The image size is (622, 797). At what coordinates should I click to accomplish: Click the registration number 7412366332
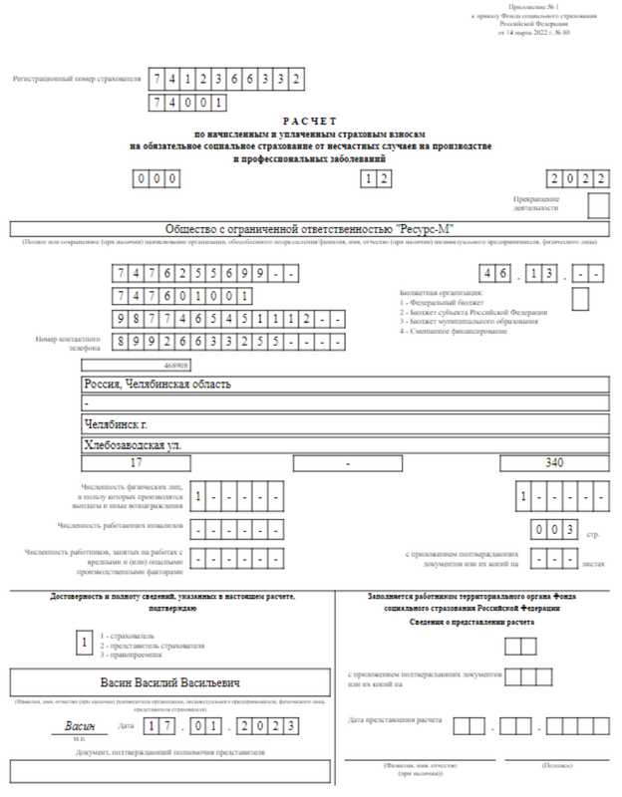click(x=225, y=79)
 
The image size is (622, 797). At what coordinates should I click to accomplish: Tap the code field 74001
click(x=187, y=103)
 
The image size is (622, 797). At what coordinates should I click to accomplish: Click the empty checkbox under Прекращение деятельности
click(x=598, y=205)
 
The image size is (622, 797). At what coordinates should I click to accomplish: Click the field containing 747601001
click(x=182, y=296)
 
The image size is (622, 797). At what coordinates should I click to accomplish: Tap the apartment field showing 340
click(x=554, y=463)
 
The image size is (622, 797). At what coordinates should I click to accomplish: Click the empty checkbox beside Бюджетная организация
click(x=580, y=298)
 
